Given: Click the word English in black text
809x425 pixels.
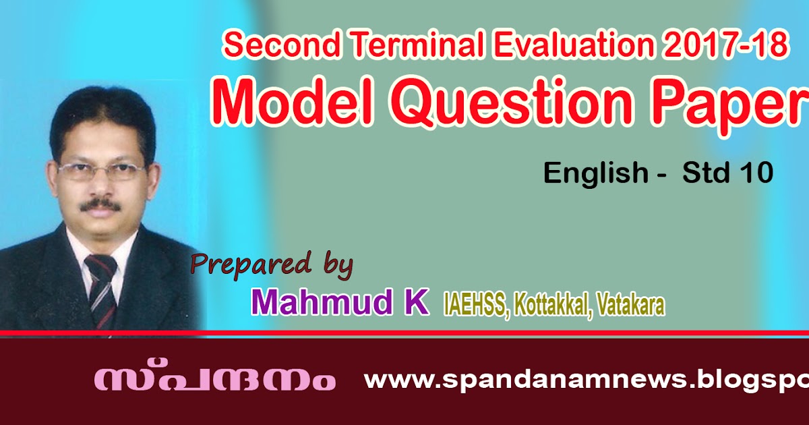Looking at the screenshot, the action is pyautogui.click(x=596, y=174).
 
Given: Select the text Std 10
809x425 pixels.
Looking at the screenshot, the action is pyautogui.click(x=728, y=173).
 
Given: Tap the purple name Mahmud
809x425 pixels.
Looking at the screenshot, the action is pyautogui.click(x=322, y=302).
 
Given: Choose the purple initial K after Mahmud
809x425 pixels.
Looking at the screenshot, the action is pyautogui.click(x=416, y=302).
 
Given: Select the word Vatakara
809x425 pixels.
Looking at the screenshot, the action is pyautogui.click(x=630, y=305).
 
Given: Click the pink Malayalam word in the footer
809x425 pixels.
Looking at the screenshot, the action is pyautogui.click(x=215, y=379).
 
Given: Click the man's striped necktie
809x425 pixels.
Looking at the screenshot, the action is pyautogui.click(x=101, y=289).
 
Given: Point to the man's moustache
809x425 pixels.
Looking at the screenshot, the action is pyautogui.click(x=100, y=205).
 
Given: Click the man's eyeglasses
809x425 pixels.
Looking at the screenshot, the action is pyautogui.click(x=102, y=171).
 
